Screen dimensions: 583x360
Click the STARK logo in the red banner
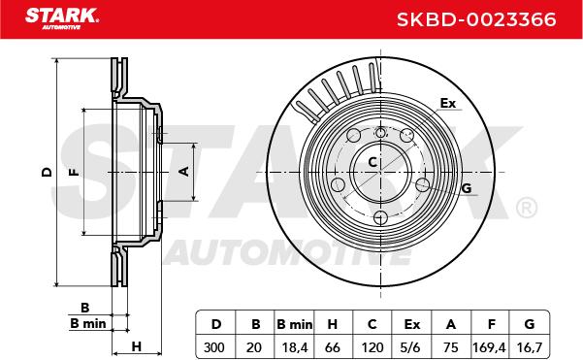coord(62,18)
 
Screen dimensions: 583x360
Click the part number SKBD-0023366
coord(476,19)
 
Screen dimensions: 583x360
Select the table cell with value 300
coord(215,347)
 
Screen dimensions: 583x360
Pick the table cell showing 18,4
coord(295,347)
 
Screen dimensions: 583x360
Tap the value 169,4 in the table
coord(489,347)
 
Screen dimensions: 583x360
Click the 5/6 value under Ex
coord(411,347)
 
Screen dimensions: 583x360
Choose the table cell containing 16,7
coord(529,347)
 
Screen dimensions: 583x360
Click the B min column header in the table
coord(295,324)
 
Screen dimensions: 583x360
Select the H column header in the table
coord(333,324)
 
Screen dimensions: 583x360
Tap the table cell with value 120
coord(372,347)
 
